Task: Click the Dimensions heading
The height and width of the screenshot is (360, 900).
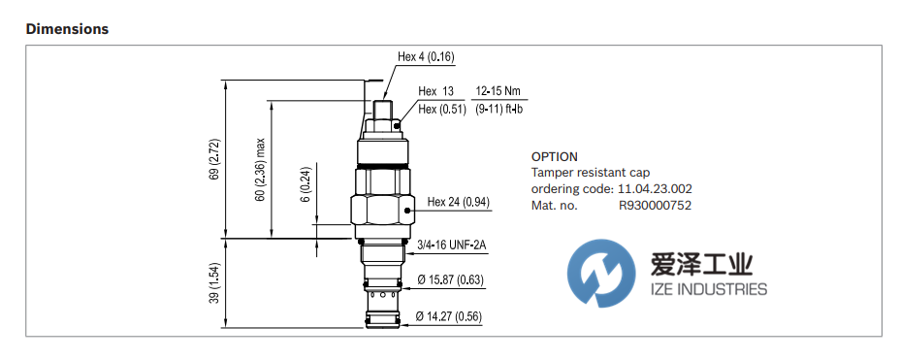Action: [67, 29]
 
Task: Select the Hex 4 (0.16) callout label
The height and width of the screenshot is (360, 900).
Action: [426, 56]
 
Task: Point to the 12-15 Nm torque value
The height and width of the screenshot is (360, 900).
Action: [498, 90]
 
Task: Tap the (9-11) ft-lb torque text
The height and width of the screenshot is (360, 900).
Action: [498, 109]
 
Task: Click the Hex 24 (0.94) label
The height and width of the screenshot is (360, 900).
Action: [459, 202]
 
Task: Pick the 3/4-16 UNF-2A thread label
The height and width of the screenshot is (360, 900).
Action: [452, 246]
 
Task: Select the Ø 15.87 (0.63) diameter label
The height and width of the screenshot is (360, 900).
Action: [451, 280]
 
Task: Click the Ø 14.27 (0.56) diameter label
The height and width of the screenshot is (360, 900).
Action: [449, 316]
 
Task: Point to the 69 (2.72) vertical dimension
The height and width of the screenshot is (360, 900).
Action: [213, 157]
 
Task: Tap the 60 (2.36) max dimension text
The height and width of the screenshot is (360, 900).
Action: [260, 170]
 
